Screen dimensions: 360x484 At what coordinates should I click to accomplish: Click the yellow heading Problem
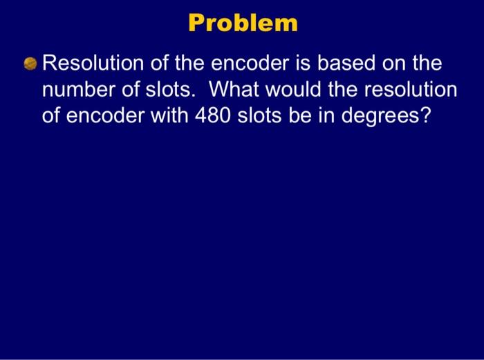pyautogui.click(x=243, y=23)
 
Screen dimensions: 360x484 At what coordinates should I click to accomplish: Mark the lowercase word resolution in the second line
pyautogui.click(x=406, y=91)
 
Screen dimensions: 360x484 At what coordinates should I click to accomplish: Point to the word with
pyautogui.click(x=169, y=115)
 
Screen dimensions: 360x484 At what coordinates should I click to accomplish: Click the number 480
pyautogui.click(x=212, y=115)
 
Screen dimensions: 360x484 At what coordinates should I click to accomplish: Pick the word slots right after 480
pyautogui.click(x=260, y=115)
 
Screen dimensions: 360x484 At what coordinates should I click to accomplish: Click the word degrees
pyautogui.click(x=381, y=116)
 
